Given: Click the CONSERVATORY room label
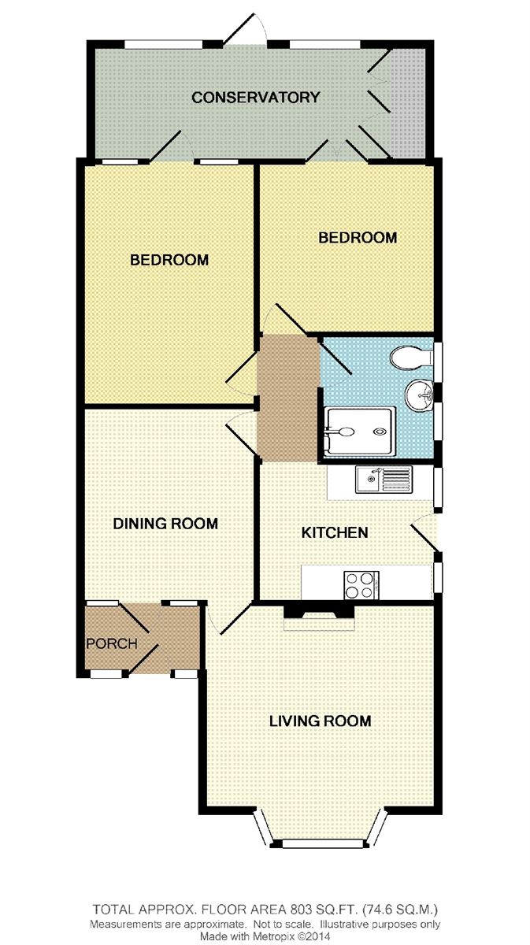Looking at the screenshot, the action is tap(256, 98).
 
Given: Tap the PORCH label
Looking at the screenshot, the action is tap(112, 643).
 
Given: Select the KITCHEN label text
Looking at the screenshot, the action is tap(335, 532).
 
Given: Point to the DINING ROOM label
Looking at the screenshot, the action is tap(165, 524).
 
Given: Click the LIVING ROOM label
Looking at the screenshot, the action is tap(321, 721).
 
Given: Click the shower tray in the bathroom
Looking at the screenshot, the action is tap(360, 432).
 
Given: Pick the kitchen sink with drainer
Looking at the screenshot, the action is tap(384, 480).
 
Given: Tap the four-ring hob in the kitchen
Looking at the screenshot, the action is tap(361, 585).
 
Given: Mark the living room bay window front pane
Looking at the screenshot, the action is tap(323, 843).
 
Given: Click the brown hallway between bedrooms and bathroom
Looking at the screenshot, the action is tap(287, 398).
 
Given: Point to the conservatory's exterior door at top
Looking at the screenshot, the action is tap(246, 30).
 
